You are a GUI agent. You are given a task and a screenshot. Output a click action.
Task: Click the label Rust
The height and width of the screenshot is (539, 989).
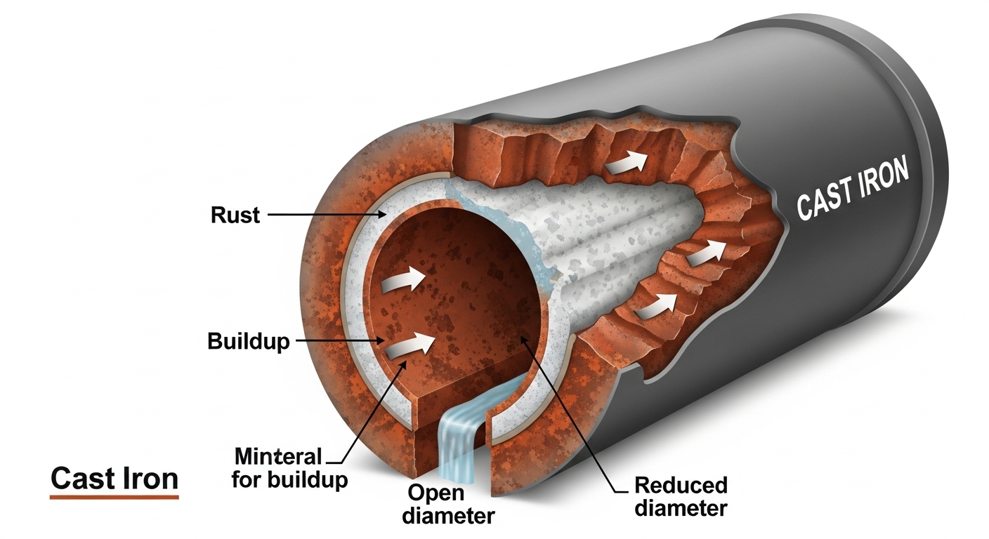[x=235, y=214]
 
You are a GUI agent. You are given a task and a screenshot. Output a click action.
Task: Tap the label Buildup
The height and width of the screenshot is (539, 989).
[x=249, y=342]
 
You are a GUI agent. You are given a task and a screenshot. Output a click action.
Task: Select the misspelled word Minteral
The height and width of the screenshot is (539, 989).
[x=278, y=457]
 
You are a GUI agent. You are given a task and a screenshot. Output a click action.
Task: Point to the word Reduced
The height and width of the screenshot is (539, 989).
[x=681, y=485]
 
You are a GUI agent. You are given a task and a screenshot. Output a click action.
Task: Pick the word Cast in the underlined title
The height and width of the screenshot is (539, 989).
[x=83, y=479]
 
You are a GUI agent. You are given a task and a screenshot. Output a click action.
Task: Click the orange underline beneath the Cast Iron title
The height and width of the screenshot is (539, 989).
[x=114, y=497]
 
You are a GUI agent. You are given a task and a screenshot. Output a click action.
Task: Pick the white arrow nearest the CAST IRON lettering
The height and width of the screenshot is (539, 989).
[x=707, y=252]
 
